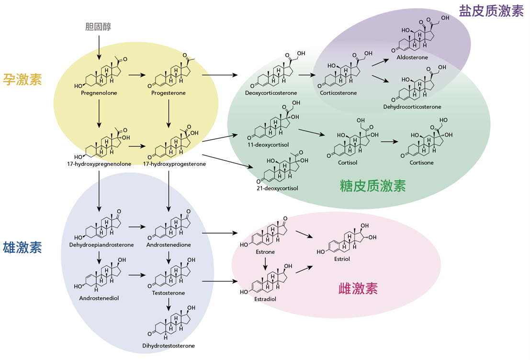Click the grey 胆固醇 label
pos(98,27)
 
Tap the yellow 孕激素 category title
pos(23,79)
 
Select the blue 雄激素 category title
pos(23,247)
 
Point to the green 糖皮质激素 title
pos(372,186)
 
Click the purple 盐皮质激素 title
pos(491,11)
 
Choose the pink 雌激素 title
pos(358,288)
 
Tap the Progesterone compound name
pos(168,93)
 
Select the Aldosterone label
pos(412,57)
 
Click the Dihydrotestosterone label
pos(169,345)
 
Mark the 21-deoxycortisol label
pos(277,188)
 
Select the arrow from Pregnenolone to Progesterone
pos(136,75)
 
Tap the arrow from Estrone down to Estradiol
pos(265,263)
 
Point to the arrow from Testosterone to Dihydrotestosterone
pos(169,304)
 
